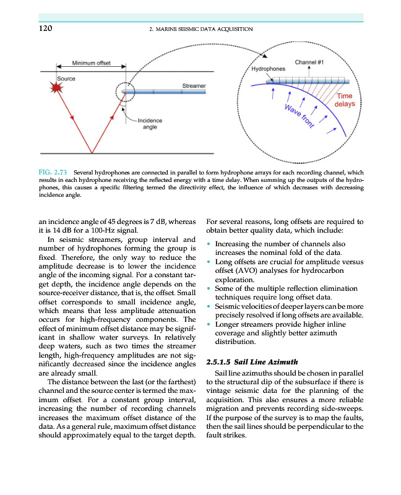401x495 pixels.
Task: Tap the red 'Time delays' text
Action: [345, 100]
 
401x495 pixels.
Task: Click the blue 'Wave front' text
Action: [299, 116]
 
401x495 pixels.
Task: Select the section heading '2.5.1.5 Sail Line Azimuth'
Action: [252, 361]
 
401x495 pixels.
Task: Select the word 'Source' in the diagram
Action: [66, 79]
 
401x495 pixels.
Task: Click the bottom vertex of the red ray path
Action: [92, 153]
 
